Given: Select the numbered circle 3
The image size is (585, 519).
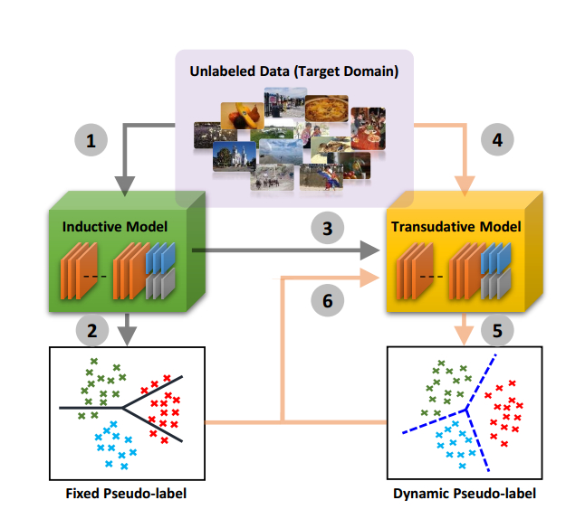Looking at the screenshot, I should pyautogui.click(x=328, y=225).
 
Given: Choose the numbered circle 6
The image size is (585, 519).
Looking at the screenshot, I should pyautogui.click(x=327, y=300).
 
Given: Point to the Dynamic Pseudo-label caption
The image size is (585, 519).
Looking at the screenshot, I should pyautogui.click(x=465, y=494).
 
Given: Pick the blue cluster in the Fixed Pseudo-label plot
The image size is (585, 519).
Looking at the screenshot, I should pyautogui.click(x=114, y=442).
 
